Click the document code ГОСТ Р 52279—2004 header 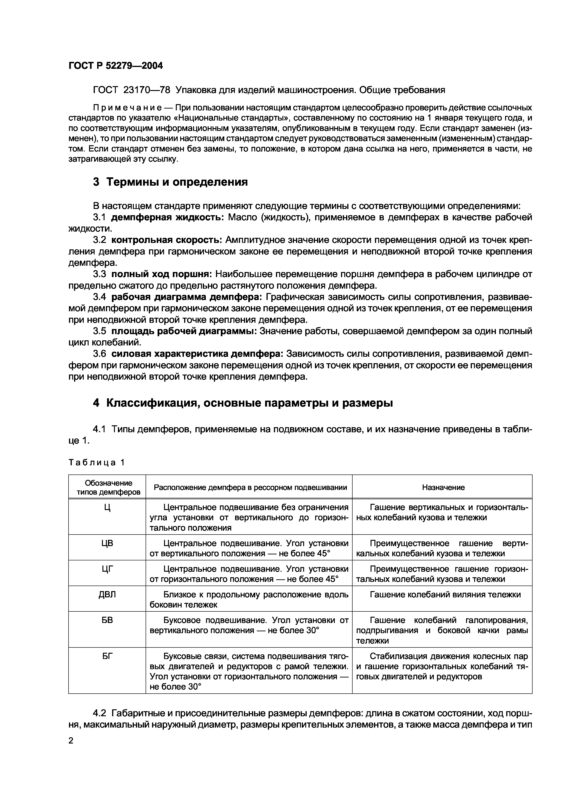click(116, 66)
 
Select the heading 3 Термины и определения click(170, 182)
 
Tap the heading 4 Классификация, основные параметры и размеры click(243, 403)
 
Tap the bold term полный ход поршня click(162, 274)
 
